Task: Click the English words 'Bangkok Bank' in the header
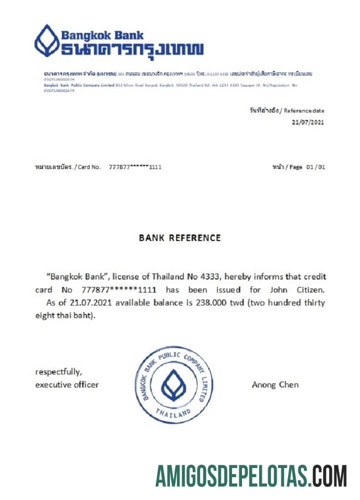[x=102, y=35]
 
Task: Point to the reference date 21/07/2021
[x=308, y=122]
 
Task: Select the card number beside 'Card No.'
[x=135, y=167]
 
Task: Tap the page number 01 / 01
[x=315, y=167]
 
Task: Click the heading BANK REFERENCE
[x=180, y=238]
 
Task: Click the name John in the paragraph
[x=278, y=289]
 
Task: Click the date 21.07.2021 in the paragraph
[x=81, y=303]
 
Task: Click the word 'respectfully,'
[x=58, y=372]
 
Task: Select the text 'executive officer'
[x=67, y=385]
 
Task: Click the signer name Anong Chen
[x=275, y=385]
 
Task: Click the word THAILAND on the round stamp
[x=173, y=413]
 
